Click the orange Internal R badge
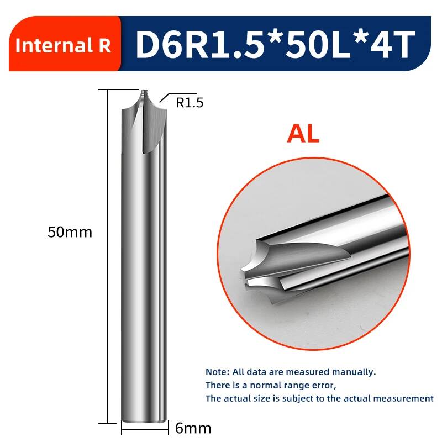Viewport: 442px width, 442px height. (x=65, y=44)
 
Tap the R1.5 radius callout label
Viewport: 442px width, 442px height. (x=190, y=103)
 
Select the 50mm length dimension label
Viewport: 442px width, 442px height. (x=70, y=232)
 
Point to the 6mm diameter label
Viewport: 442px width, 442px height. (x=193, y=429)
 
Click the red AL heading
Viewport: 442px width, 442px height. (x=303, y=134)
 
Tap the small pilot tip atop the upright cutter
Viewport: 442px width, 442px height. (x=144, y=92)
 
